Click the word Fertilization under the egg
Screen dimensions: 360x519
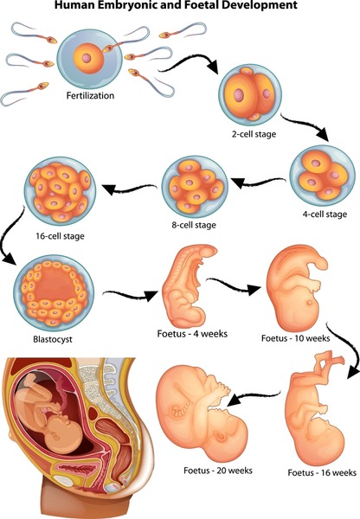pos(90,96)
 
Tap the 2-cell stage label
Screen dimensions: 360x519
pos(254,134)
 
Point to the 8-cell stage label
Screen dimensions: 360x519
pos(194,225)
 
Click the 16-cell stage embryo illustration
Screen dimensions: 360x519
pos(60,189)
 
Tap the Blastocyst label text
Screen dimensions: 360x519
pos(53,339)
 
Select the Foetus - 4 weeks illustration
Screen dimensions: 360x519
pos(190,285)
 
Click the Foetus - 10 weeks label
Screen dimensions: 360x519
pos(295,338)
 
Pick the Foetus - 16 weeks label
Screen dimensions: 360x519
pos(322,472)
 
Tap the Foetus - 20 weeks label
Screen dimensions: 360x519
pos(218,471)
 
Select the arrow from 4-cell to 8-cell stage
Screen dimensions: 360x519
pos(259,183)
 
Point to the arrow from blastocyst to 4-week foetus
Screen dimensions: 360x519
pos(130,295)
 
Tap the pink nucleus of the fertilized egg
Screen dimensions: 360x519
pos(87,58)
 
